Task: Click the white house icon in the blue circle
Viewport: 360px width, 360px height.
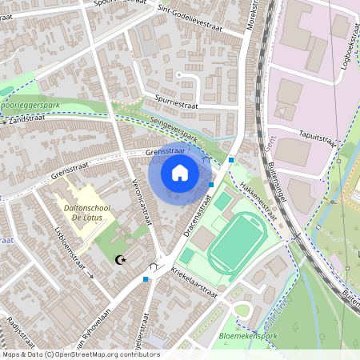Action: coord(180,172)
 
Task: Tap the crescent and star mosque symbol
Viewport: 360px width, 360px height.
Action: coord(121,260)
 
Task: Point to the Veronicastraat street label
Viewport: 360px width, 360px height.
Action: coord(142,204)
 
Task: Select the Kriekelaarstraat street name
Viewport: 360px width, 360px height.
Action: coord(192,286)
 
